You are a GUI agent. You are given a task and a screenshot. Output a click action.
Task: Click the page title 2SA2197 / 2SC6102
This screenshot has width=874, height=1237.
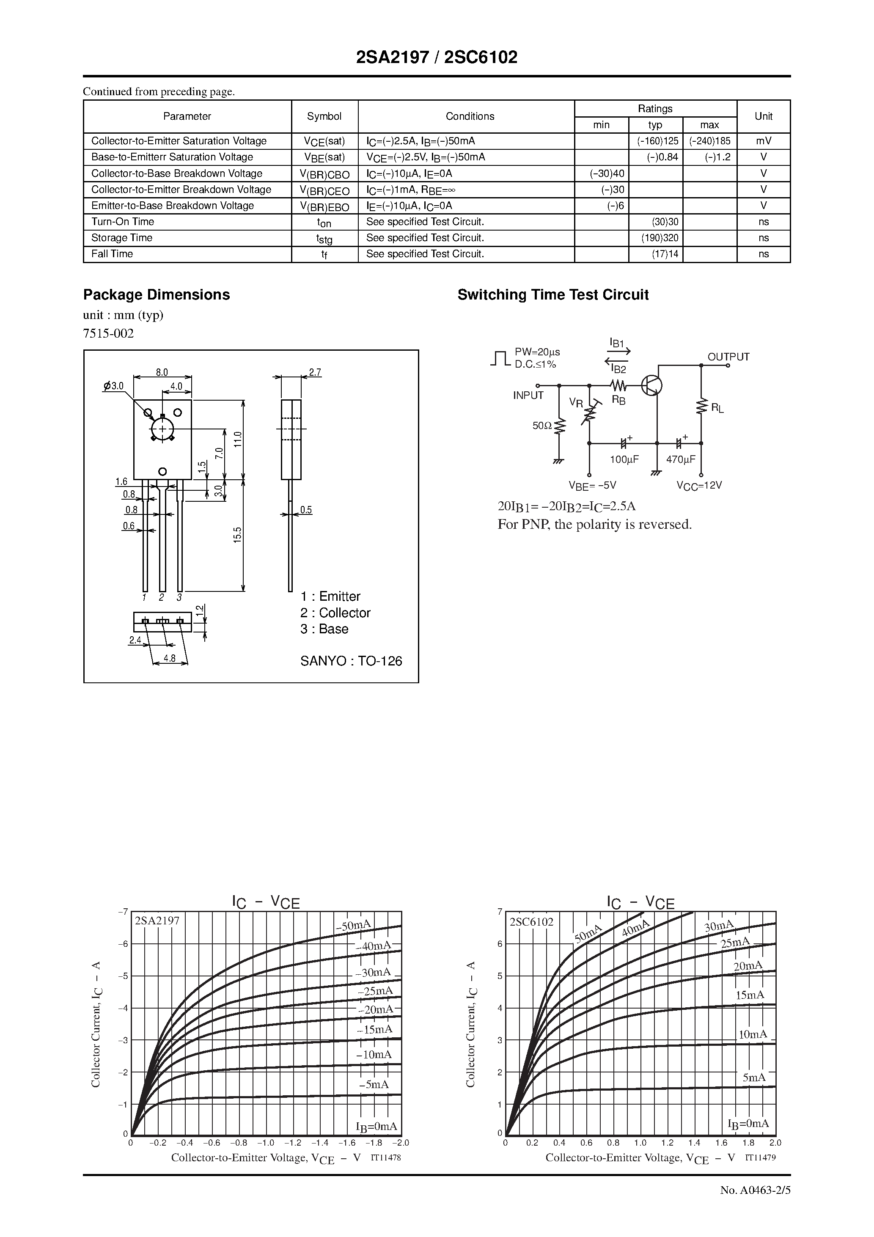click(437, 58)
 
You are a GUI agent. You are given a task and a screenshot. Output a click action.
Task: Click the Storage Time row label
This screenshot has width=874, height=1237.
click(122, 238)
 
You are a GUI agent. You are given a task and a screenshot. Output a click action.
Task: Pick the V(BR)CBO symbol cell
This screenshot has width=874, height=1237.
click(324, 174)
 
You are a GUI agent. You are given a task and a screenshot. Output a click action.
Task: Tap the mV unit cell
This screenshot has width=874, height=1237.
click(763, 141)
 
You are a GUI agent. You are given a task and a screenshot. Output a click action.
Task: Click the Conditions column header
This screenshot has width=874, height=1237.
click(470, 116)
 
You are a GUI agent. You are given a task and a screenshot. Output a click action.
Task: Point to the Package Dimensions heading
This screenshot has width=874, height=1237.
click(156, 295)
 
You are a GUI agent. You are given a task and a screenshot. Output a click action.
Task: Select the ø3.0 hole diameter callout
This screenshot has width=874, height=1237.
click(114, 386)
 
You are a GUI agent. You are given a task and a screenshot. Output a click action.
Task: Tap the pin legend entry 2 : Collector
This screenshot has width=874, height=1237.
click(335, 613)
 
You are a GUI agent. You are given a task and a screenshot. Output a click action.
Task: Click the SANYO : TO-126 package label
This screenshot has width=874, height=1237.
click(351, 661)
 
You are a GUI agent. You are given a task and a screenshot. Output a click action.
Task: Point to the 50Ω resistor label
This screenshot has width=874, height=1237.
click(542, 426)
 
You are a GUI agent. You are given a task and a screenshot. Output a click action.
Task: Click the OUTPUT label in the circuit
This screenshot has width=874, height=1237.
click(728, 357)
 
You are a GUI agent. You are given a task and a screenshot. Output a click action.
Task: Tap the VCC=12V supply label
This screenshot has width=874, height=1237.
click(699, 485)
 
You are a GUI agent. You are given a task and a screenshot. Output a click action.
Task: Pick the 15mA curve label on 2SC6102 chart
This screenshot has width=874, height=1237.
click(750, 995)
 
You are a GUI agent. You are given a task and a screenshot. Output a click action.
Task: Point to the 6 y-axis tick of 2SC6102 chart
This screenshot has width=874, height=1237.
click(500, 944)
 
